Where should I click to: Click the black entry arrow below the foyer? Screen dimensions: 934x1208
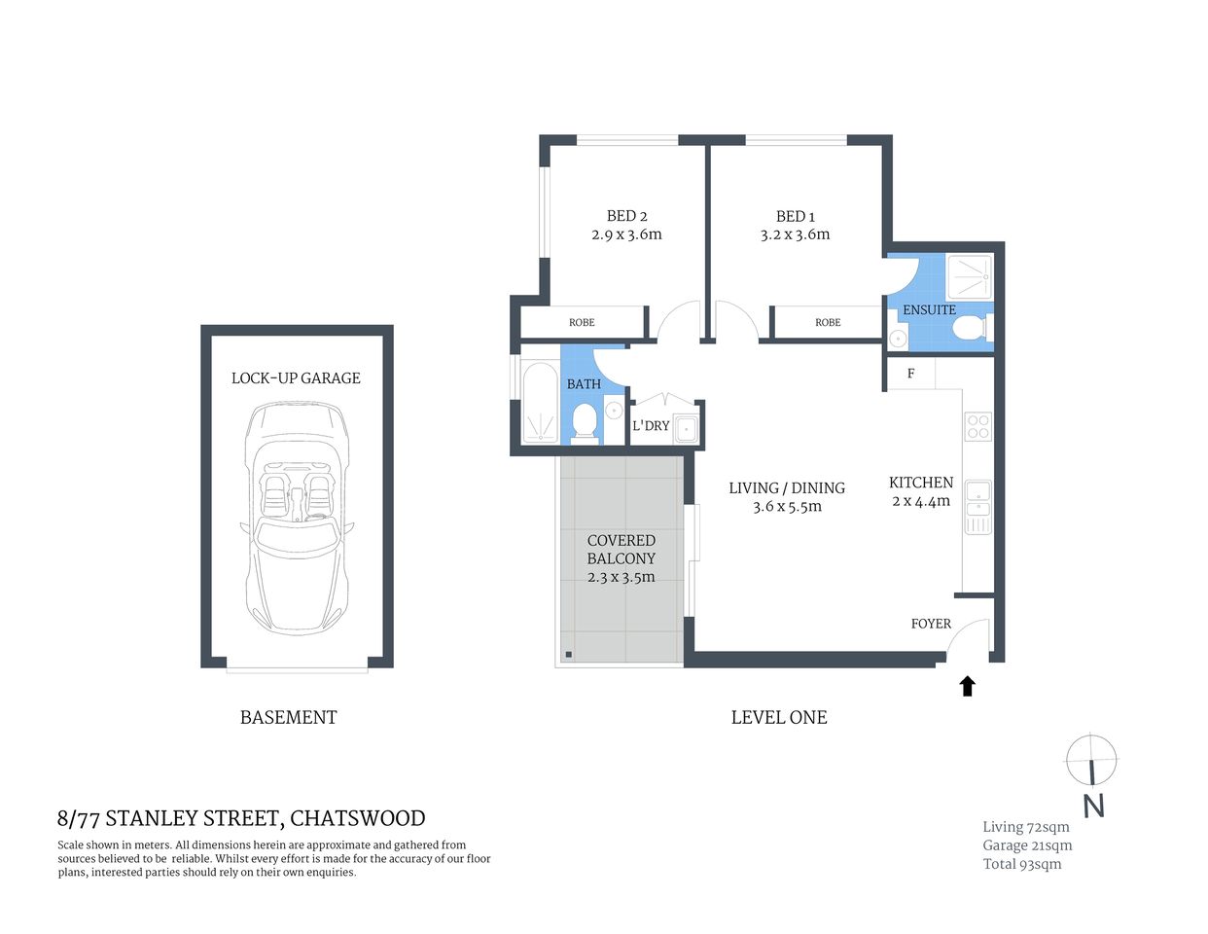click(x=967, y=687)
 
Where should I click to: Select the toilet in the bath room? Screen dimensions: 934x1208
click(x=584, y=421)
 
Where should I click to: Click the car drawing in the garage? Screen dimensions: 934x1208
click(x=296, y=516)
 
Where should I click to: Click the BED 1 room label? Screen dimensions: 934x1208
click(x=795, y=216)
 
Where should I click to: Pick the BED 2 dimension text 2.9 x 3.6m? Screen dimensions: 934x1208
click(x=626, y=234)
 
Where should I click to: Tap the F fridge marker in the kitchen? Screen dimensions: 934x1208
click(x=910, y=374)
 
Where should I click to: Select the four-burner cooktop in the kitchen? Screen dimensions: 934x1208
click(x=977, y=426)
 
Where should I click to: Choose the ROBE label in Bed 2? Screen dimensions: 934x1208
click(x=582, y=322)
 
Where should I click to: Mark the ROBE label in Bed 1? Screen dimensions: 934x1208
click(x=828, y=322)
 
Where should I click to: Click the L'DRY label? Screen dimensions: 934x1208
click(x=651, y=426)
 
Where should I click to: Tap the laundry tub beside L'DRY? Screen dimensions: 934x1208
click(x=687, y=427)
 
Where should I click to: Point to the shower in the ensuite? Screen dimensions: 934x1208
click(x=970, y=277)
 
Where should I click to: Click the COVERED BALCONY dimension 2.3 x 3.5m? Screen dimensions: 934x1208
click(x=621, y=577)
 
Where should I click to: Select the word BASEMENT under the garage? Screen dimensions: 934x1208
click(x=288, y=718)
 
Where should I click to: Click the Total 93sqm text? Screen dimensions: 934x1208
click(x=1021, y=864)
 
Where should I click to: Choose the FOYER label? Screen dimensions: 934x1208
click(x=931, y=624)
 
